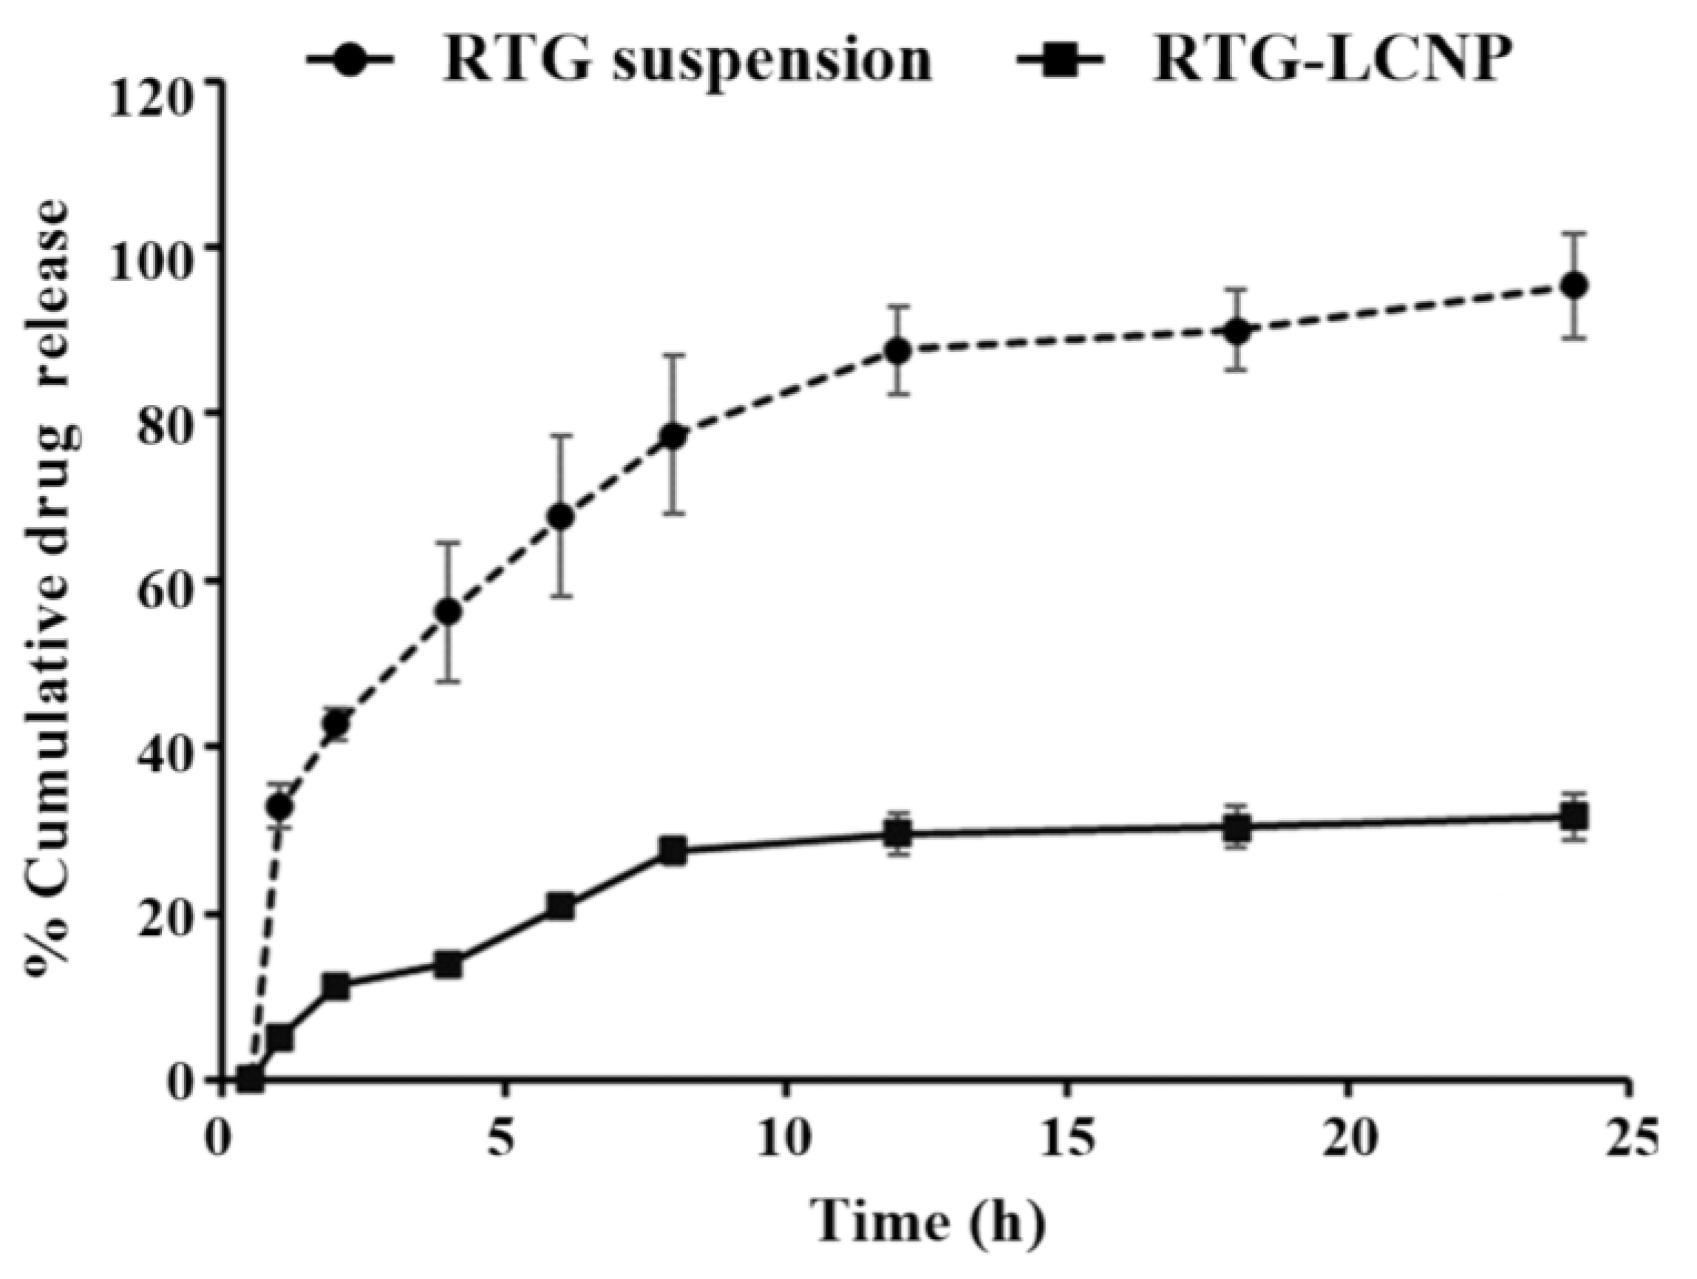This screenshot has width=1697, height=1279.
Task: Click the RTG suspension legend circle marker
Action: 356,61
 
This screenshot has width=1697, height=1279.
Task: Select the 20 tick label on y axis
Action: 170,913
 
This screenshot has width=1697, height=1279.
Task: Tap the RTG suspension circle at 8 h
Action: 673,435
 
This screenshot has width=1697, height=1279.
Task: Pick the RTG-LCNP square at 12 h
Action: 897,833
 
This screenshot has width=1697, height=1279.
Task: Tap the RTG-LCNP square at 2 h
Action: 336,987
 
